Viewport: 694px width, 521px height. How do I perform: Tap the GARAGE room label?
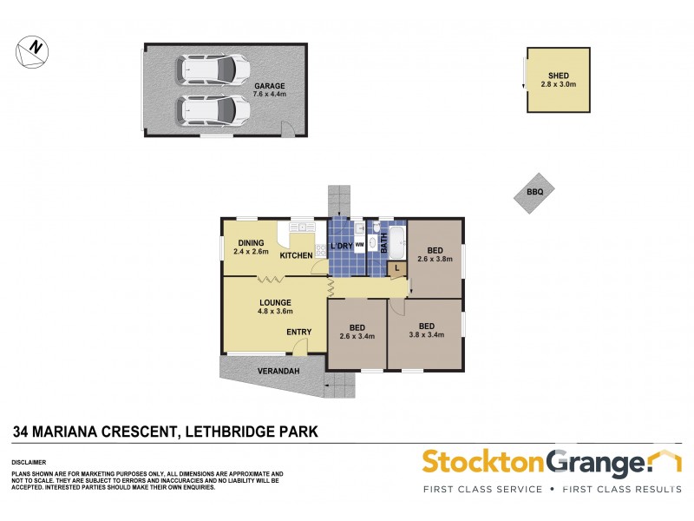pos(268,85)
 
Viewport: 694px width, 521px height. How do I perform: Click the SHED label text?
pos(559,76)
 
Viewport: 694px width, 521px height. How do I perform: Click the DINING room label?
pos(251,243)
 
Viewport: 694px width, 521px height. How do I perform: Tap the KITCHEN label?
pos(295,256)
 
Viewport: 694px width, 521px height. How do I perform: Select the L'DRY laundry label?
pos(340,247)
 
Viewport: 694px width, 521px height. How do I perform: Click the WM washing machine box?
pos(358,246)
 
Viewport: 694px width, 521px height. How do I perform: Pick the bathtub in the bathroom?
pos(396,242)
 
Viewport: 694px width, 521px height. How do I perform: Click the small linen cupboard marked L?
pos(396,268)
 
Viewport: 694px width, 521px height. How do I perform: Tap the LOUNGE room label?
pos(273,302)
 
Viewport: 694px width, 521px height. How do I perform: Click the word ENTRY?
pos(298,332)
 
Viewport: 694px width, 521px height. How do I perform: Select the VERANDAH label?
pos(278,371)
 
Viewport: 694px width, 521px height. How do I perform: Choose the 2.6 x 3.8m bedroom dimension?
pos(435,259)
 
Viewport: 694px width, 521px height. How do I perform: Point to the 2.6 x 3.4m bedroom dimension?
pos(357,337)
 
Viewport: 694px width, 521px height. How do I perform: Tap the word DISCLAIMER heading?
pos(29,463)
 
